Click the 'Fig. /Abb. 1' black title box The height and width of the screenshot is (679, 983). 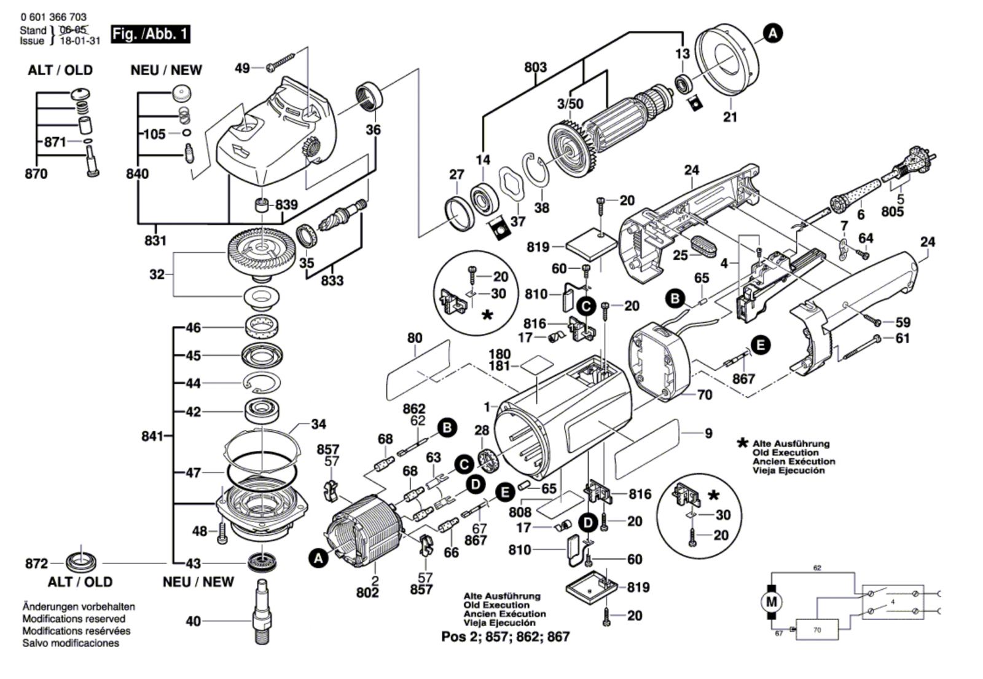pyautogui.click(x=151, y=34)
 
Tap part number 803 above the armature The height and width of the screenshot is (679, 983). pyautogui.click(x=535, y=67)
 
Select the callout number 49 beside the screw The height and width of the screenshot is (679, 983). pyautogui.click(x=243, y=68)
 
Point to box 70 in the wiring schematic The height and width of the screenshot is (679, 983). pyautogui.click(x=817, y=630)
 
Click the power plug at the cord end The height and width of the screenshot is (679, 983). pyautogui.click(x=911, y=161)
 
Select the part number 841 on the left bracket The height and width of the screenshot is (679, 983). pyautogui.click(x=153, y=436)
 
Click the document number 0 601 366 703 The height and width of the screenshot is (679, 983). pyautogui.click(x=53, y=17)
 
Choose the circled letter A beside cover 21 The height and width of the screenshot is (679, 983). pyautogui.click(x=773, y=33)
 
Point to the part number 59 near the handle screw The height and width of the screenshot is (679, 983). pyautogui.click(x=903, y=322)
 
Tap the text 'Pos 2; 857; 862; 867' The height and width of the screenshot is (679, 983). pyautogui.click(x=505, y=637)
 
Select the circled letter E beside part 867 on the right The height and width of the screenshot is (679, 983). pyautogui.click(x=761, y=345)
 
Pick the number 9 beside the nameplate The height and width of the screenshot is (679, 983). pyautogui.click(x=708, y=433)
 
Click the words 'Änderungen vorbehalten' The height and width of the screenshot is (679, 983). pyautogui.click(x=79, y=606)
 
